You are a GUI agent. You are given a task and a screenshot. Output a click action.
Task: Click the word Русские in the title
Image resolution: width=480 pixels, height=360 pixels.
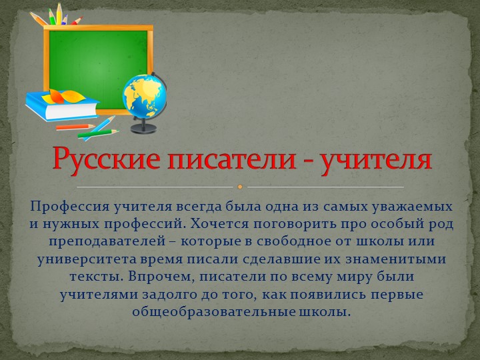99,160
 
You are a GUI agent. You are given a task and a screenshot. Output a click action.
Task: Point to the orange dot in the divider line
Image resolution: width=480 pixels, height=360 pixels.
240,187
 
